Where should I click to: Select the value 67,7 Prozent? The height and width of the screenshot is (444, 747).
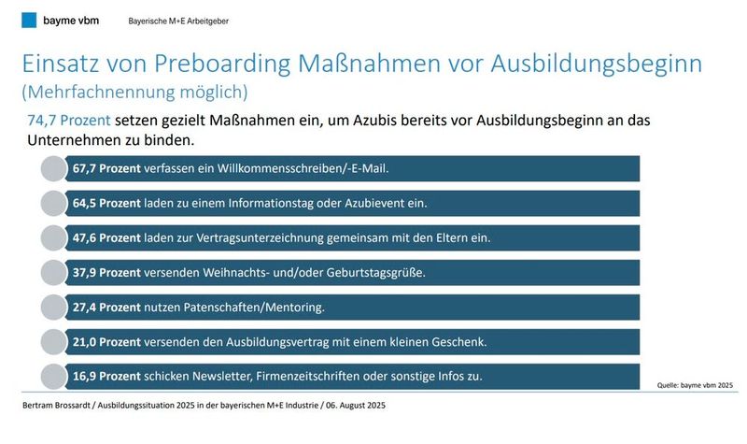tap(106, 169)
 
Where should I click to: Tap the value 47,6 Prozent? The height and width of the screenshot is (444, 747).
tap(106, 238)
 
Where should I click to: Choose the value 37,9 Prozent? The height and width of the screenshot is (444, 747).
tap(106, 273)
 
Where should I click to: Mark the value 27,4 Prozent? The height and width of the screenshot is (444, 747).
tap(106, 308)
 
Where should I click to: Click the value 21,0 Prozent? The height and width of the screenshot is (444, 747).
tap(106, 342)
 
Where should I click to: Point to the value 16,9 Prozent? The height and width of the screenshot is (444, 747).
tap(106, 377)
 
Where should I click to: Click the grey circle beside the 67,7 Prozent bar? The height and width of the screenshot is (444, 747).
tap(55, 169)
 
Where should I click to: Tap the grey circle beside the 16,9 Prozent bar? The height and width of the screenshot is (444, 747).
tap(55, 377)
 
